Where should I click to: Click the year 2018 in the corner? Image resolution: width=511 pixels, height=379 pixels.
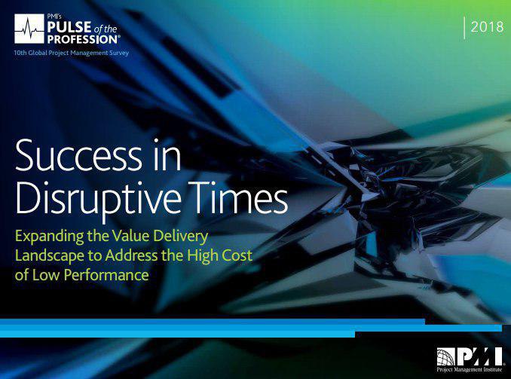487,26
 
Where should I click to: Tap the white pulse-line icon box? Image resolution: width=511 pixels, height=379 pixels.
29,29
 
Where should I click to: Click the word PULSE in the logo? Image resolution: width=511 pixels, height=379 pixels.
69,27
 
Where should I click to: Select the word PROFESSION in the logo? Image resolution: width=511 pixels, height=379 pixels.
82,39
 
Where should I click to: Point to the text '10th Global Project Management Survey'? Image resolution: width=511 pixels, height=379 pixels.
72,53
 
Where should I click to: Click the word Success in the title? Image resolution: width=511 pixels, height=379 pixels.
78,155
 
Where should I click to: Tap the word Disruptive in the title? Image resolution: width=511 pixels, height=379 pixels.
98,198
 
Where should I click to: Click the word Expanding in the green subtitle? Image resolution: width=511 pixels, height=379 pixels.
49,237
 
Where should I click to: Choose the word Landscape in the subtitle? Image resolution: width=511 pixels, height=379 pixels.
50,256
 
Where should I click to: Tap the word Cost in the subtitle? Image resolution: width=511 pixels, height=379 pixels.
237,255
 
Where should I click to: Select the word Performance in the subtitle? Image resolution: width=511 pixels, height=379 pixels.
106,275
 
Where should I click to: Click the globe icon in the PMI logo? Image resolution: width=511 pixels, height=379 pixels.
446,357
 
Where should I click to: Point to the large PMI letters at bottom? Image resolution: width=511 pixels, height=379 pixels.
479,356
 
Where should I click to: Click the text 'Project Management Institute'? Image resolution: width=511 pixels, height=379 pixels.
470,369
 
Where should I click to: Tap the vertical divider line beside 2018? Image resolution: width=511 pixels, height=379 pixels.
464,28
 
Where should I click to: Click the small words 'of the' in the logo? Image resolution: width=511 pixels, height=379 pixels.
106,29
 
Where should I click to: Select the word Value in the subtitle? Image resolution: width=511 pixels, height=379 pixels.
130,236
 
